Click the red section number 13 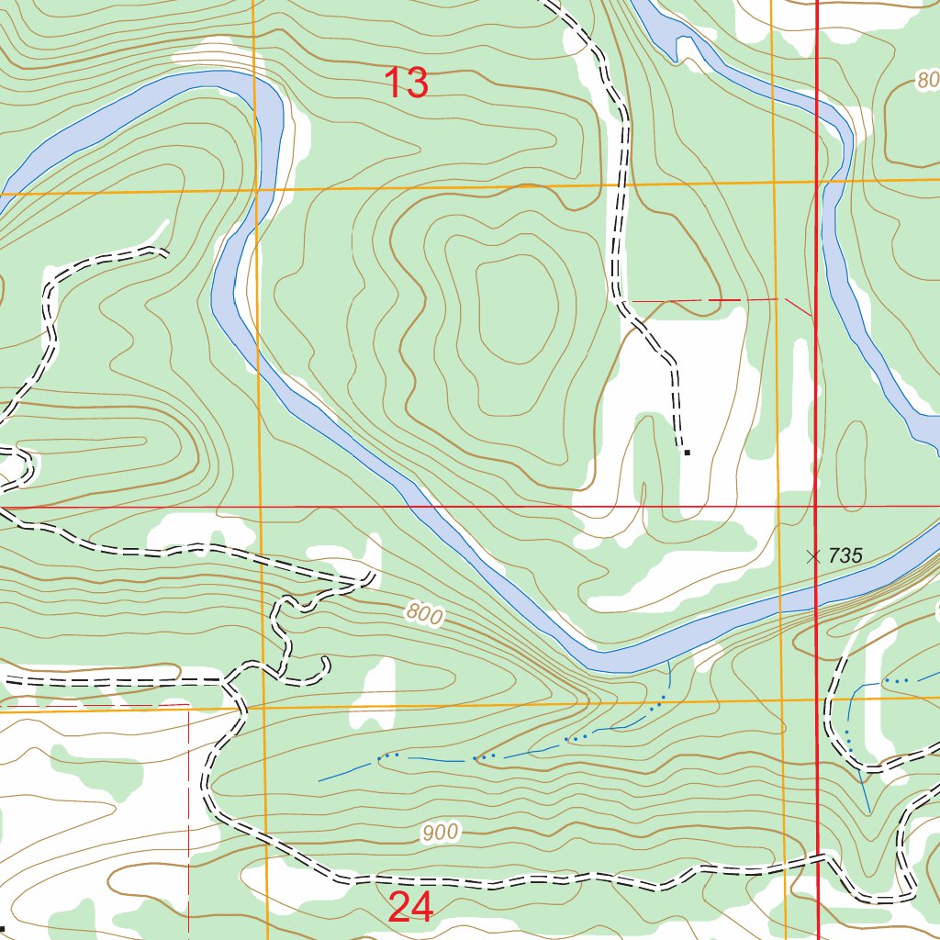pos(406,84)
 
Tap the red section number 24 pos(410,907)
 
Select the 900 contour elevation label pos(440,834)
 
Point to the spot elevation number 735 pos(845,555)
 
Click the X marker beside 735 pos(812,556)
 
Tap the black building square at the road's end pos(687,452)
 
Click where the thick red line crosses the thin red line pos(817,506)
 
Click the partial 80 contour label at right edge pos(926,81)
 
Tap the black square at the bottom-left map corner pos(3,928)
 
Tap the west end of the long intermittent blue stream pos(319,780)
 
